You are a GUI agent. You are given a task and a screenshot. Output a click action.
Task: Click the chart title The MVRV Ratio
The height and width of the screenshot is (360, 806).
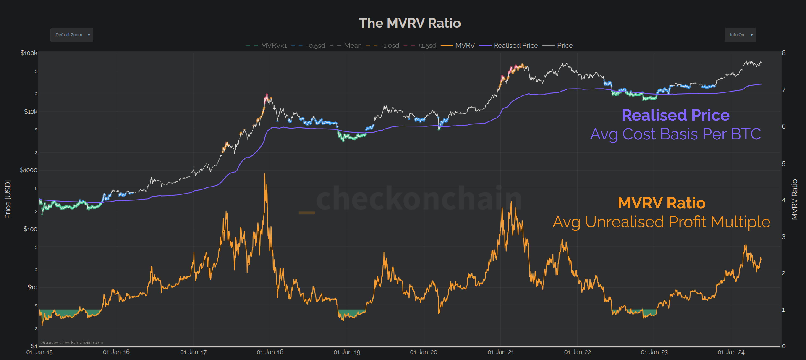click(x=409, y=23)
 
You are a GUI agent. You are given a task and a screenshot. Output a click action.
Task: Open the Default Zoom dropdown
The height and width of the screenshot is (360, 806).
click(x=71, y=35)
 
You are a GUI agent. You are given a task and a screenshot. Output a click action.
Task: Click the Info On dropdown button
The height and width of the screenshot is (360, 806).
click(x=740, y=35)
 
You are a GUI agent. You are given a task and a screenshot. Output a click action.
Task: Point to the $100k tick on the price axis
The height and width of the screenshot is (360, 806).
click(x=29, y=53)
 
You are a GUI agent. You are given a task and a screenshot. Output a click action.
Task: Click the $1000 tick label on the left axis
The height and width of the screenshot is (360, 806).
click(x=29, y=170)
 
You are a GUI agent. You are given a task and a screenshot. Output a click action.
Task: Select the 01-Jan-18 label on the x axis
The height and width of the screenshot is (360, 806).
click(x=270, y=352)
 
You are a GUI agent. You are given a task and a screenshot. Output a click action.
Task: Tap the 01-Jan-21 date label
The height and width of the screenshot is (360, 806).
click(x=500, y=352)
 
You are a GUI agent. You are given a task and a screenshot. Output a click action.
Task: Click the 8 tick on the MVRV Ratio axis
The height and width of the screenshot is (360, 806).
click(x=784, y=53)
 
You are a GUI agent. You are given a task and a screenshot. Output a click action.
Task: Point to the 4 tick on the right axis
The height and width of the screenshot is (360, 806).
click(x=784, y=200)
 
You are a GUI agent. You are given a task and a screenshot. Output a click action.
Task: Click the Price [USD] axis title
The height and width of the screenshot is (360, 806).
click(x=8, y=199)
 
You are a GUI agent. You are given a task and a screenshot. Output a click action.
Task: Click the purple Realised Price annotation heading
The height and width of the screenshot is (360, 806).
click(x=675, y=115)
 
